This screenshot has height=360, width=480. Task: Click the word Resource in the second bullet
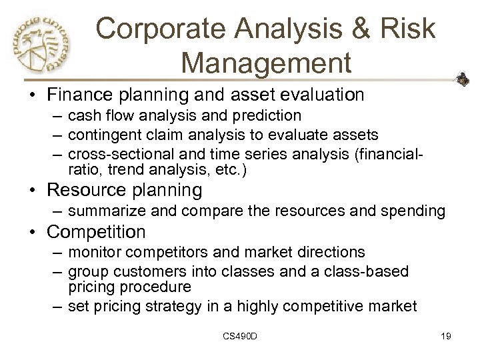pyautogui.click(x=77, y=190)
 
